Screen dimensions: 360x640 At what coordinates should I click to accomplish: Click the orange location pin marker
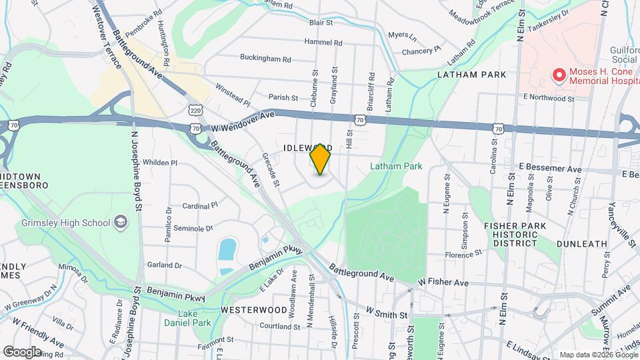point(321,160)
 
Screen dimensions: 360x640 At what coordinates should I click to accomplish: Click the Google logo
point(22,352)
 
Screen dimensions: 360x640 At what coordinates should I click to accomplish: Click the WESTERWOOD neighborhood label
point(244,310)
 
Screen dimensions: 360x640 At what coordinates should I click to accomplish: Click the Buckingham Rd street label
point(265,59)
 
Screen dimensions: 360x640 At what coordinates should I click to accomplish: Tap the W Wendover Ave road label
point(243,116)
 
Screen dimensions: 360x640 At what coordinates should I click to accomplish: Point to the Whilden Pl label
point(160,163)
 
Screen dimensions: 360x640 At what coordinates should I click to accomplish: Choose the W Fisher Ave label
point(443,283)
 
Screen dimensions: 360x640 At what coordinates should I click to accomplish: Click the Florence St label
point(463,255)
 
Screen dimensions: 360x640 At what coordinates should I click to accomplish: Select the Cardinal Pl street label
point(200,206)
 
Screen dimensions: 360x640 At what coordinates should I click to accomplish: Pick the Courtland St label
point(280,326)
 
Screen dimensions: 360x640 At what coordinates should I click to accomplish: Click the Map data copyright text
point(597,355)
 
